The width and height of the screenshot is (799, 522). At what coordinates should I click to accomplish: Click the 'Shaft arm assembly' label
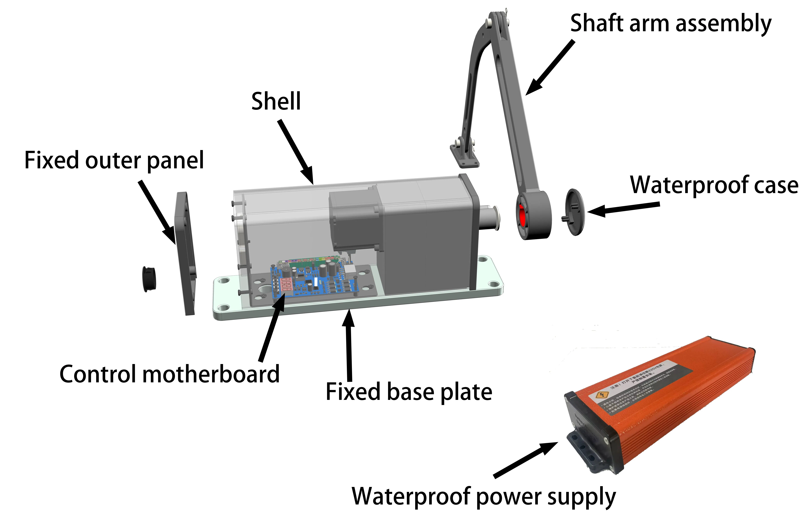[670, 24]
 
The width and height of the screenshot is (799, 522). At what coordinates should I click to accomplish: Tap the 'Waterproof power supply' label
[483, 496]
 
